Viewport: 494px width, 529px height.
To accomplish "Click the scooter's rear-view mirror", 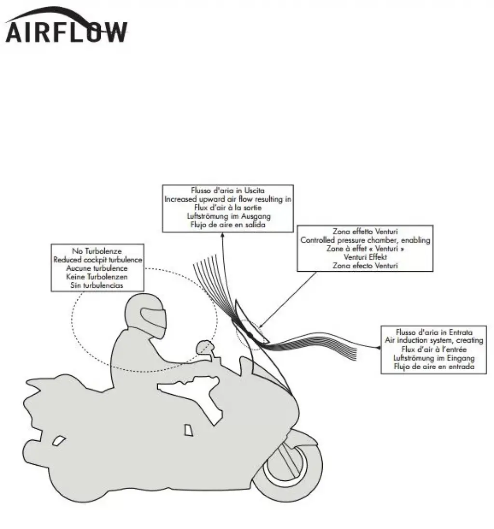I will [x=204, y=347].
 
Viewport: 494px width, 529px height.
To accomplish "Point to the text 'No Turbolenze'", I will [x=97, y=251].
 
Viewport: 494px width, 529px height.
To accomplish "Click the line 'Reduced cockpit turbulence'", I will [x=97, y=260].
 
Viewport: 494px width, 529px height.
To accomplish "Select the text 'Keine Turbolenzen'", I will [x=97, y=277].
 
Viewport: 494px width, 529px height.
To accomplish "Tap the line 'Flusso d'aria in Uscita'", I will [x=228, y=190].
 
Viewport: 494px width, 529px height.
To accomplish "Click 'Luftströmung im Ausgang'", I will [x=228, y=216].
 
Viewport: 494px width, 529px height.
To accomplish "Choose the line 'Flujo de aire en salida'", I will [x=228, y=225].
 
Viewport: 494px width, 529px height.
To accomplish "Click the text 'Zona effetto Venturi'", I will [x=365, y=231].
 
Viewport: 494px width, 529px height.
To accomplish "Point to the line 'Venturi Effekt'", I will [x=365, y=257].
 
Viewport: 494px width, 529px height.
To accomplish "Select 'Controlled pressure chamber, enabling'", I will [x=365, y=240].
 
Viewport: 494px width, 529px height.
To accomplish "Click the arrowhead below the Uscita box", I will [x=223, y=235].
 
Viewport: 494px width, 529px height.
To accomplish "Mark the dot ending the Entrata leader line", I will [x=380, y=347].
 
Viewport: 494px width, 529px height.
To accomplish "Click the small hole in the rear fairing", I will [x=59, y=440].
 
